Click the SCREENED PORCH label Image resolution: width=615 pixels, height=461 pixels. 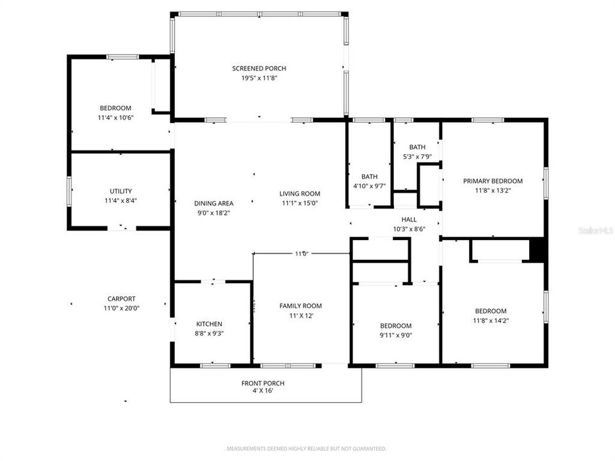(259, 69)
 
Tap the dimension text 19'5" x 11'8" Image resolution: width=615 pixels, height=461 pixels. (259, 78)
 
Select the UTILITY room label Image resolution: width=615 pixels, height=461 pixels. (120, 191)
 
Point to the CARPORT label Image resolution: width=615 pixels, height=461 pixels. (121, 298)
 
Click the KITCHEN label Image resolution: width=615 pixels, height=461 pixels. (209, 324)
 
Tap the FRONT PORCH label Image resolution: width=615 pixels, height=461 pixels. (263, 383)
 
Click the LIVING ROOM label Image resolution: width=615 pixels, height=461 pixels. (300, 193)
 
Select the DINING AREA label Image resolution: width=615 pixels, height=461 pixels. (214, 204)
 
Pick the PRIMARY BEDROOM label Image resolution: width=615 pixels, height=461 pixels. (493, 181)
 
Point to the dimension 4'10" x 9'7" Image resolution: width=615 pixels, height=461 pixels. (369, 186)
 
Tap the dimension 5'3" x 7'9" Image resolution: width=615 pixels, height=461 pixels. (417, 157)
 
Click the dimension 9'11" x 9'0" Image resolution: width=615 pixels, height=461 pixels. (395, 335)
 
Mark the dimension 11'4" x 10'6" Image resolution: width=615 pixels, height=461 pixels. (115, 118)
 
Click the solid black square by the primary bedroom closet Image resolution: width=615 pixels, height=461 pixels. (537, 250)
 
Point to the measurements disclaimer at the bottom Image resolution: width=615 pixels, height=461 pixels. (307, 449)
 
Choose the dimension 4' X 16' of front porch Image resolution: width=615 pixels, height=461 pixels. (263, 391)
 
